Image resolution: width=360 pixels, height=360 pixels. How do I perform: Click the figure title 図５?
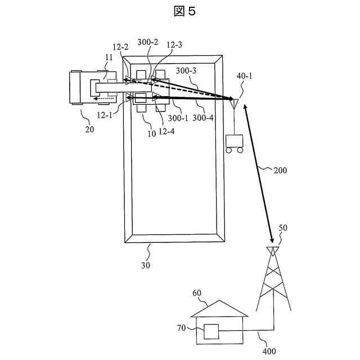tap(179, 11)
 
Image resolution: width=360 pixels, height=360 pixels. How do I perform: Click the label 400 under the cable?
tap(268, 352)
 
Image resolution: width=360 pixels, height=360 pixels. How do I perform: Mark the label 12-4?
tap(165, 131)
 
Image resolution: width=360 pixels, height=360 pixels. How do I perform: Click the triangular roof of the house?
tap(219, 309)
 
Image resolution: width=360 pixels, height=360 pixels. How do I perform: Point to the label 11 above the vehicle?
tap(109, 57)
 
